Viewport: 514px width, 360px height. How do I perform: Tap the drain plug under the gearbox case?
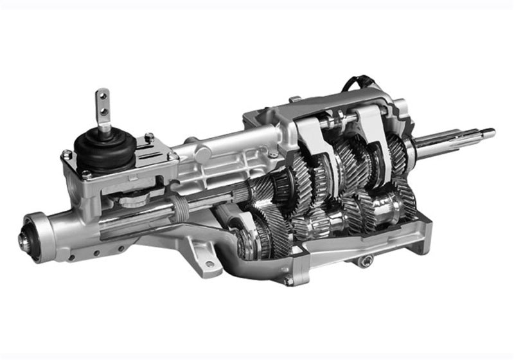(x=367, y=260)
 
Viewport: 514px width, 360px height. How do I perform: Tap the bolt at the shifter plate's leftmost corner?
(x=66, y=155)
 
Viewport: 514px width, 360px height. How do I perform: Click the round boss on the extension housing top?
(x=202, y=154)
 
